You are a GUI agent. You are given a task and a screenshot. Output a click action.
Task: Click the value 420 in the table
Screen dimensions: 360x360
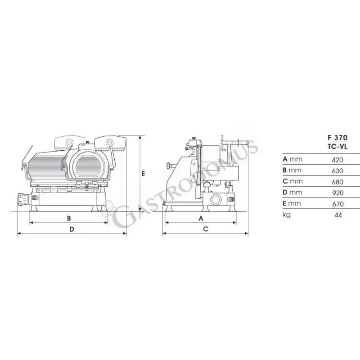(337, 159)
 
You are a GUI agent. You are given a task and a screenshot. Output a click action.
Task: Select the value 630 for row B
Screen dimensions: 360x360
(337, 171)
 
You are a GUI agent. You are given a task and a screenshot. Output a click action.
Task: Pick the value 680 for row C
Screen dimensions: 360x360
(337, 182)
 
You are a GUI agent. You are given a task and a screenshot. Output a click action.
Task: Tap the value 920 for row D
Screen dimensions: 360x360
(337, 193)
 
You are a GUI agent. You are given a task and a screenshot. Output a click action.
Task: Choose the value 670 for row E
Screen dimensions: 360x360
(337, 204)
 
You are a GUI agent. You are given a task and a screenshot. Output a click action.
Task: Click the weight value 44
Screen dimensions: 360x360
(338, 215)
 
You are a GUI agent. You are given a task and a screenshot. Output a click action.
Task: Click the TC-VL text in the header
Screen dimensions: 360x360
(336, 145)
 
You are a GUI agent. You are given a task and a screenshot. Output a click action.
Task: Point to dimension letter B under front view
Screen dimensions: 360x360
(69, 218)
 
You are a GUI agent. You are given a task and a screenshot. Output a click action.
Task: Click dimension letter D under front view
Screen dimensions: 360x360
(72, 229)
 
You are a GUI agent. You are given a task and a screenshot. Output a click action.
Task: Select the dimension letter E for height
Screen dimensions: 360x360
(143, 173)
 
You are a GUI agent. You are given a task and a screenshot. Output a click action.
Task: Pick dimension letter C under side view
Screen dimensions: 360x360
(205, 229)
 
